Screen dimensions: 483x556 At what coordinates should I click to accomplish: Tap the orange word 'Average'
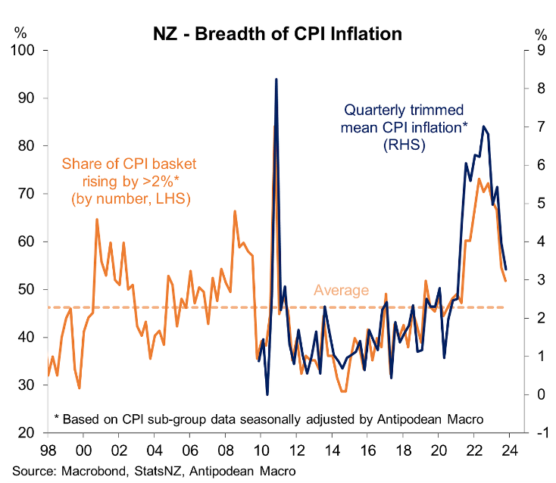[342, 291]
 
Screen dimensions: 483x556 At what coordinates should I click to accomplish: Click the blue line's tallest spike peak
[276, 79]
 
